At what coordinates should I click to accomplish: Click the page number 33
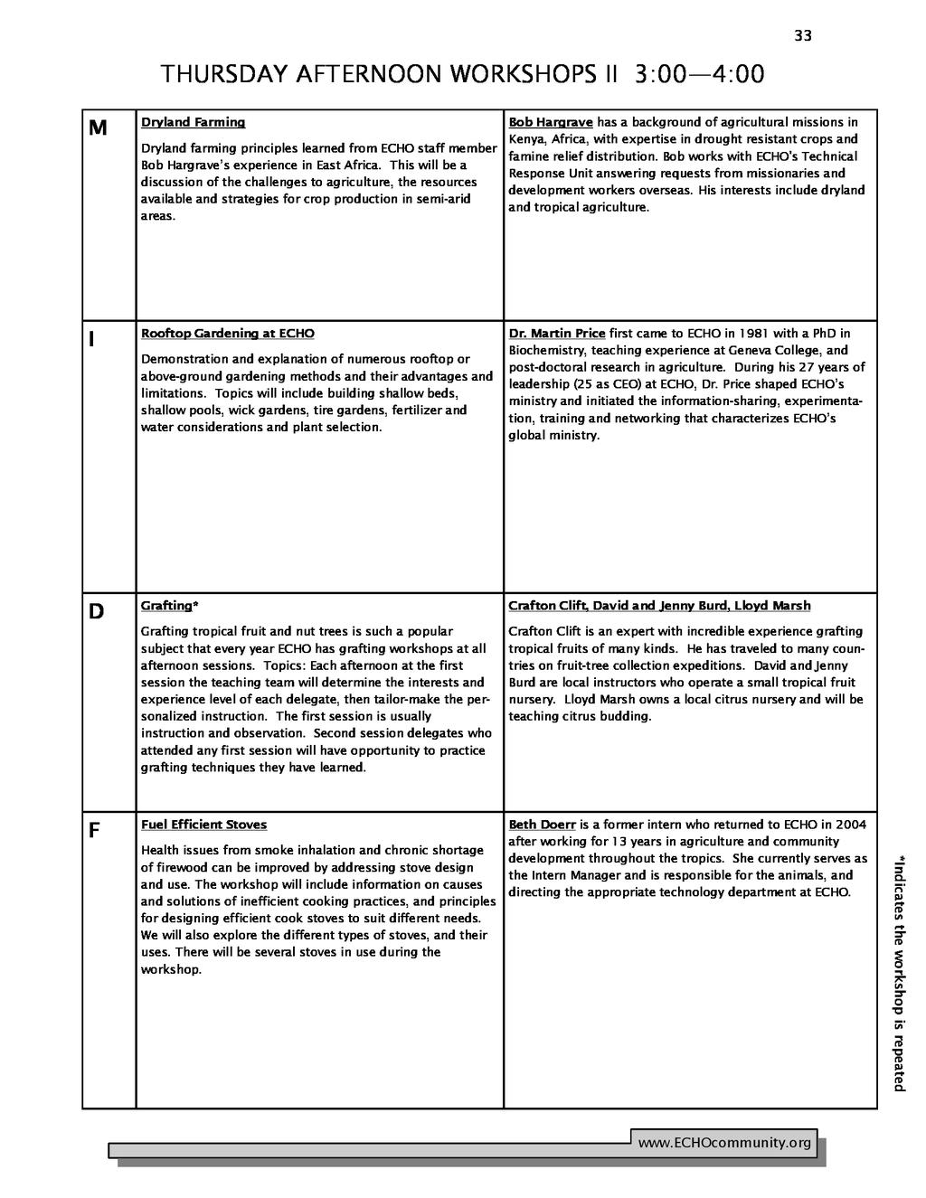pyautogui.click(x=803, y=36)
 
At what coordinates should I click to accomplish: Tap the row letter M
pyautogui.click(x=98, y=128)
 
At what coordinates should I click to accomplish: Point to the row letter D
pyautogui.click(x=96, y=612)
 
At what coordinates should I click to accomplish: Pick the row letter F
pyautogui.click(x=93, y=831)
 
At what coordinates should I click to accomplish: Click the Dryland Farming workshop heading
pyautogui.click(x=193, y=122)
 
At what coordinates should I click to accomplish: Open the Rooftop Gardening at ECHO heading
pyautogui.click(x=227, y=334)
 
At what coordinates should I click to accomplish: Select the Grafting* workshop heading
pyautogui.click(x=169, y=606)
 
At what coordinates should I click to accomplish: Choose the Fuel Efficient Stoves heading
pyautogui.click(x=203, y=825)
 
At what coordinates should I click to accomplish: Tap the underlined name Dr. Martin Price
pyautogui.click(x=556, y=334)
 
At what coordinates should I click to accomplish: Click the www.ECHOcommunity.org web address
pyautogui.click(x=724, y=1144)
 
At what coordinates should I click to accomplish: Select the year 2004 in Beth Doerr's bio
pyautogui.click(x=850, y=825)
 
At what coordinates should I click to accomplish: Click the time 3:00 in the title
pyautogui.click(x=666, y=74)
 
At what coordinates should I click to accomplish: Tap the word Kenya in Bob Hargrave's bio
pyautogui.click(x=524, y=139)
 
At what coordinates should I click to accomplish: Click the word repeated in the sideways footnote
pyautogui.click(x=899, y=1060)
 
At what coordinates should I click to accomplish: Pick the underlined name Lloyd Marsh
pyautogui.click(x=772, y=606)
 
